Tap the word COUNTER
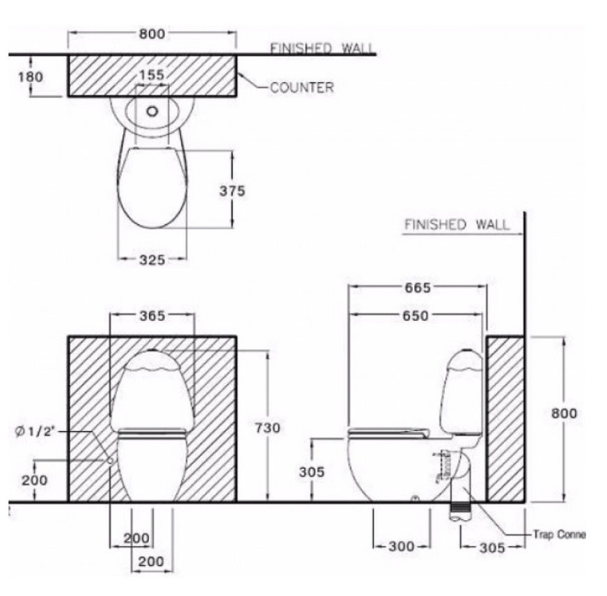[301, 88]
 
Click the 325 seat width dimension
[152, 260]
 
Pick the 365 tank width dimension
[152, 315]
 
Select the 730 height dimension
[267, 428]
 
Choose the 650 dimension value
[416, 315]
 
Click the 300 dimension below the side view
[401, 547]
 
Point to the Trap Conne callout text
[559, 535]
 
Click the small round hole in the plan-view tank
[152, 111]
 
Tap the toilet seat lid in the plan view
[152, 188]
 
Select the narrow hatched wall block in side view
[505, 418]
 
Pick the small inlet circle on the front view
[111, 461]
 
